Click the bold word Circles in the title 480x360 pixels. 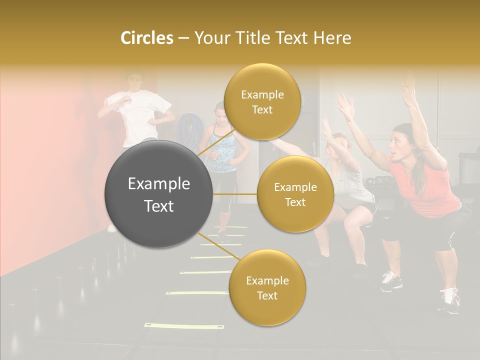point(146,38)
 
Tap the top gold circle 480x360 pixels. point(262,102)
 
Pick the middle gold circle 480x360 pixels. point(295,194)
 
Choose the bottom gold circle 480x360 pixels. point(267,288)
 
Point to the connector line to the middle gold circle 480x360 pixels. point(235,194)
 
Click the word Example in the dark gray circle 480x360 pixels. point(159,184)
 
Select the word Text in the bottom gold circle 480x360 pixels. point(267,295)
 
